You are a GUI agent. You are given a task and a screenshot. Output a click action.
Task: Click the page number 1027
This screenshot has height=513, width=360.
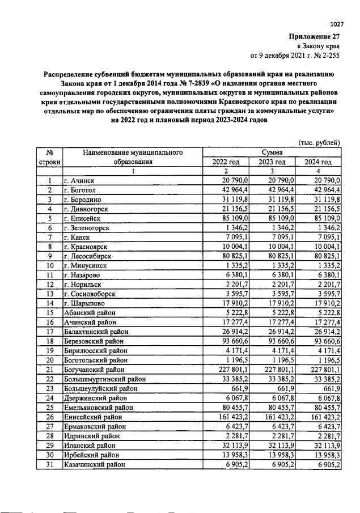(337, 23)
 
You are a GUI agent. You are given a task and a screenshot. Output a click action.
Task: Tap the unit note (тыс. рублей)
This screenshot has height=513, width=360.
(319, 142)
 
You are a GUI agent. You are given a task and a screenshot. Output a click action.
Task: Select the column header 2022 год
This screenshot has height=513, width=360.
(226, 162)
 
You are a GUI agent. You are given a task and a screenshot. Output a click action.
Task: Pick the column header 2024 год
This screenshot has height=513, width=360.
(319, 162)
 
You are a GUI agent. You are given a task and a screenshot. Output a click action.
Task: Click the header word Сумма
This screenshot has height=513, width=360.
(272, 152)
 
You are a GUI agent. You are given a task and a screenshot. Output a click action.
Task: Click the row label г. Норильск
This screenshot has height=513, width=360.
(86, 284)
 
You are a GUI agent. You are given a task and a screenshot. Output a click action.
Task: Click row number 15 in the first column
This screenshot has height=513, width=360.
(49, 312)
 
